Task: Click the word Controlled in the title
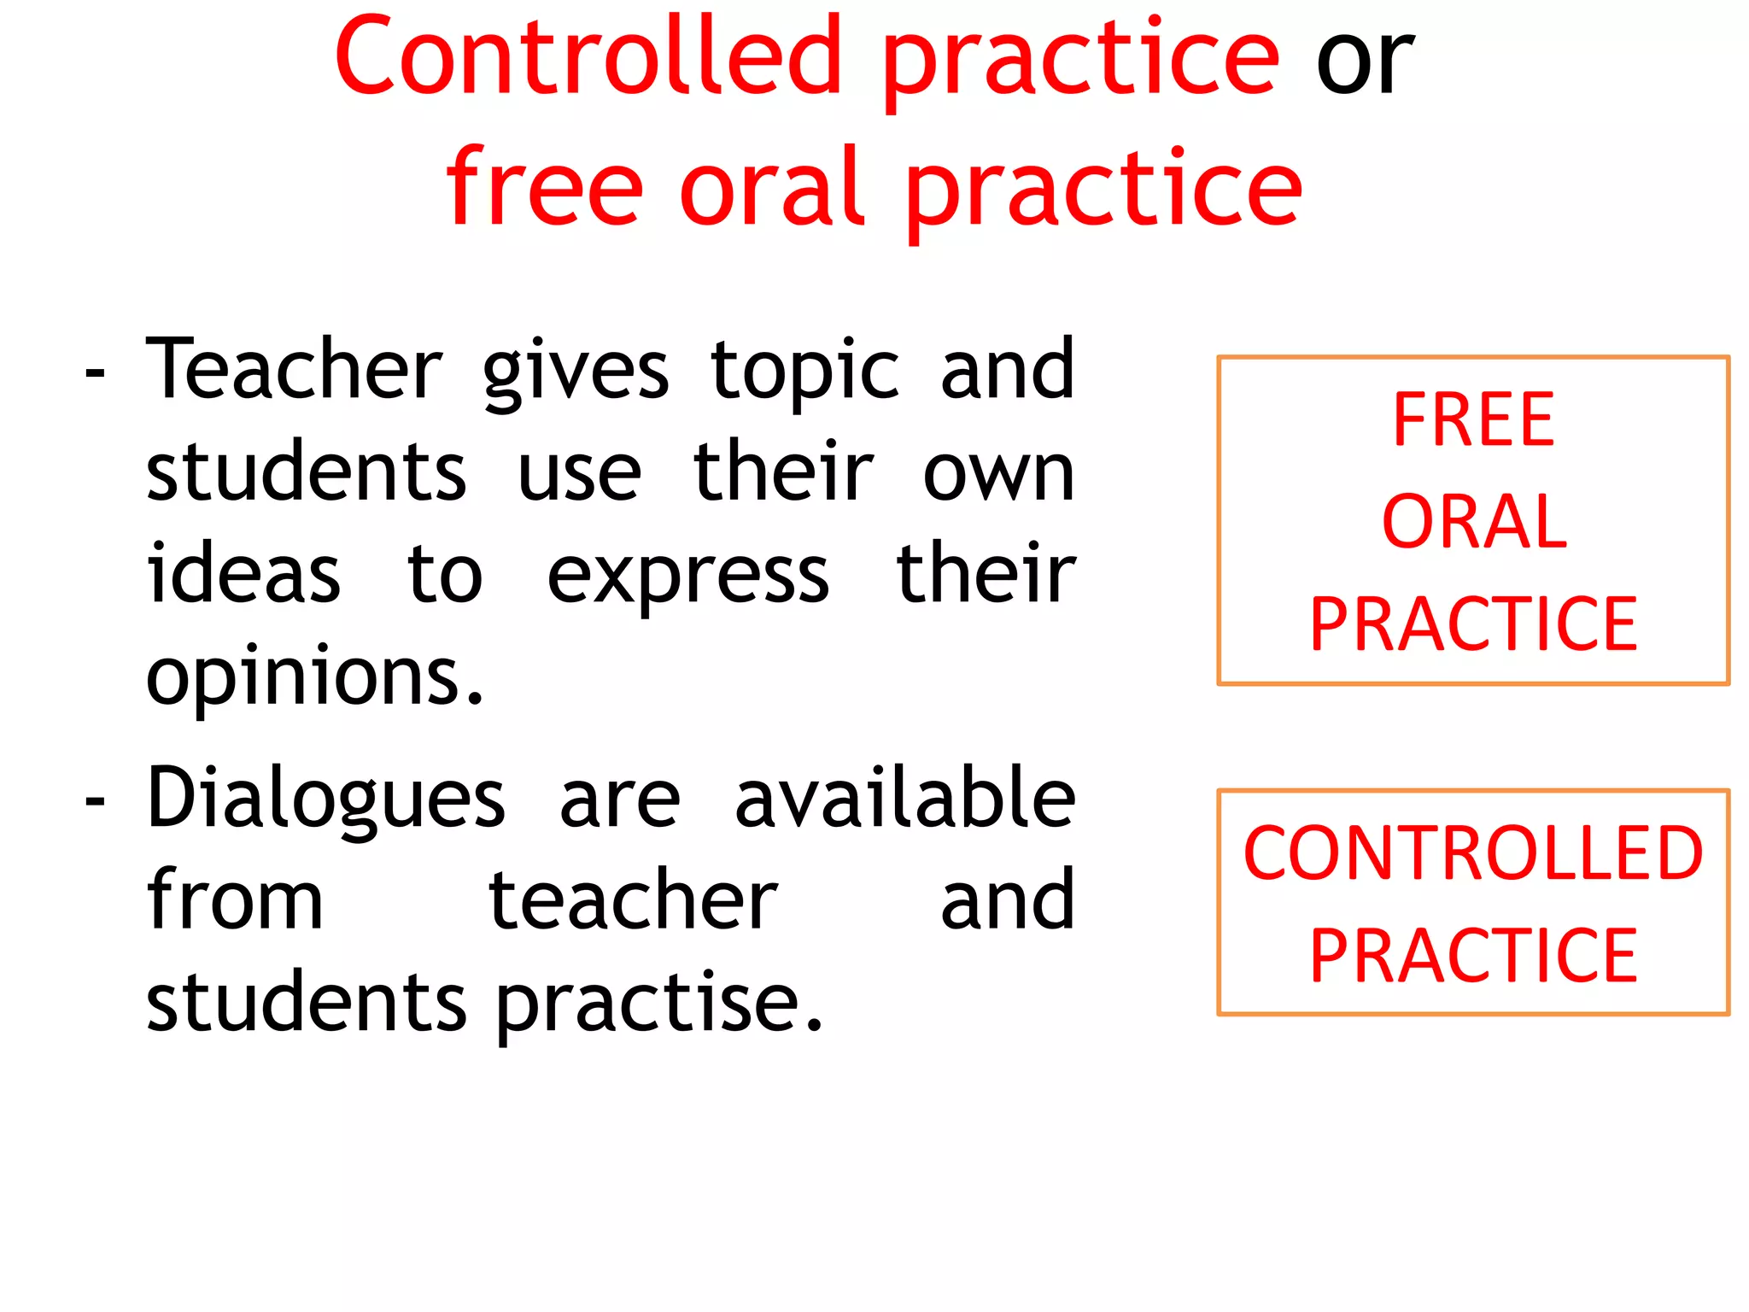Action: click(x=589, y=58)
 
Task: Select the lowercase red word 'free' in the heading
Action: click(x=544, y=188)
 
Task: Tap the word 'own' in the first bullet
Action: click(x=998, y=472)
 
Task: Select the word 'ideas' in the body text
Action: click(x=243, y=574)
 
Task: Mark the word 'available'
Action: click(x=904, y=798)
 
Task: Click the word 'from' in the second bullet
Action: click(x=235, y=900)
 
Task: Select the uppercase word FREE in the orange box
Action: click(x=1473, y=419)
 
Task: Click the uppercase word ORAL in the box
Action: click(x=1474, y=522)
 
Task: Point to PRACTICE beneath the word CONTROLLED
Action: click(x=1473, y=956)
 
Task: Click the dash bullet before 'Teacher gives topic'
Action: click(x=95, y=374)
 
